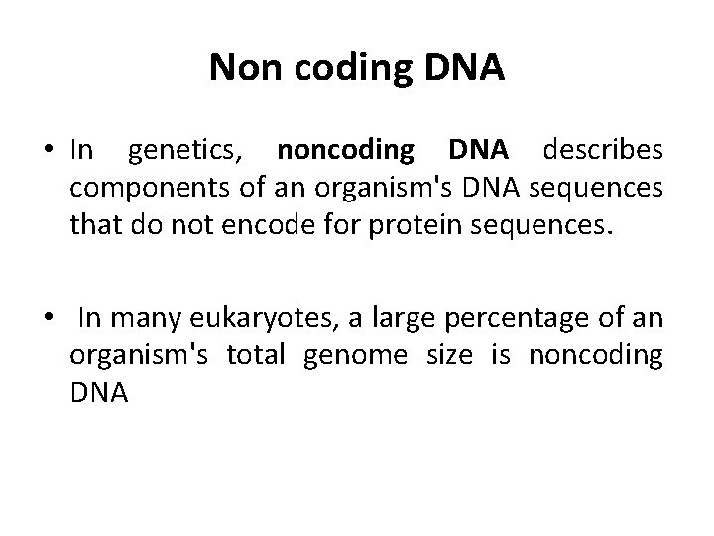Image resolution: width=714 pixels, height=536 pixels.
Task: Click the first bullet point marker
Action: click(48, 150)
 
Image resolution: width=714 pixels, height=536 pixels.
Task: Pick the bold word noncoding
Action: click(345, 152)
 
